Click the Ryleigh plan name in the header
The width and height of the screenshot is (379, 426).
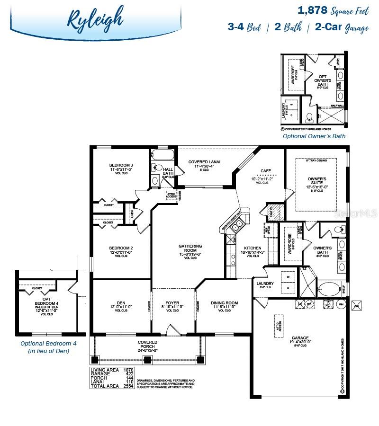point(95,18)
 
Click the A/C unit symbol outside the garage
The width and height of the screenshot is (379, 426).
point(358,305)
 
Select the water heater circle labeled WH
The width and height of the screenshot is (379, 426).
point(341,304)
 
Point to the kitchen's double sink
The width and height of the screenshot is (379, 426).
point(235,226)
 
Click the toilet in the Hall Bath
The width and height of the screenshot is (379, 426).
point(157,168)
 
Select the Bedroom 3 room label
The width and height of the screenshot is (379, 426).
point(118,166)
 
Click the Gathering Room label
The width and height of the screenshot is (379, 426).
point(190,246)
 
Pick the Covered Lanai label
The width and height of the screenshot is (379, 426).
point(204,162)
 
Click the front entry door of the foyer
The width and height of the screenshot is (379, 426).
point(173,329)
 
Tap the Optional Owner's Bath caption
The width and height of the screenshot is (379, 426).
point(314,136)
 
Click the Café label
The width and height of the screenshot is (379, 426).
point(265,171)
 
